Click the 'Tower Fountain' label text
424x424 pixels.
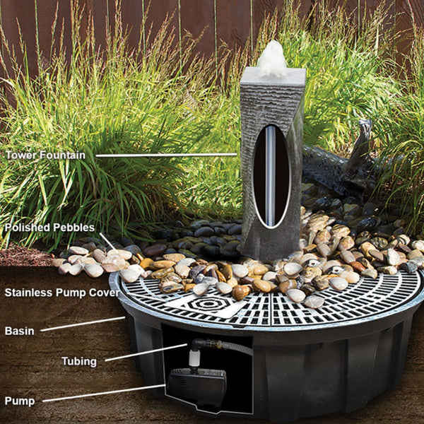coord(45,155)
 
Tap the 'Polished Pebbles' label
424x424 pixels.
coord(49,228)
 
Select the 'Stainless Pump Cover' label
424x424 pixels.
coord(62,293)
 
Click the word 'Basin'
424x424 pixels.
coord(20,331)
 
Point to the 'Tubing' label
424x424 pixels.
coord(79,361)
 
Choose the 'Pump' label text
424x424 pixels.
coord(20,401)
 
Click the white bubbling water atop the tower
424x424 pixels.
coord(272,59)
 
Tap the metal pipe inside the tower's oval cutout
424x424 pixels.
coord(270,176)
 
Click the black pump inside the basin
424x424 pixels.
coord(197,384)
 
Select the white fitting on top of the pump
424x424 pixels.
coord(194,358)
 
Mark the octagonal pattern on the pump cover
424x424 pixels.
coord(208,304)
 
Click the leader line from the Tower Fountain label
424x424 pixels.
coord(166,155)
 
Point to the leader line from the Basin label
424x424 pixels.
coord(83,324)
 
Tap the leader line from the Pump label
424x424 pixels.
coord(104,393)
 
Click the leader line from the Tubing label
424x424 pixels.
coord(146,352)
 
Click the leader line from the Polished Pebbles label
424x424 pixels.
coord(108,242)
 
